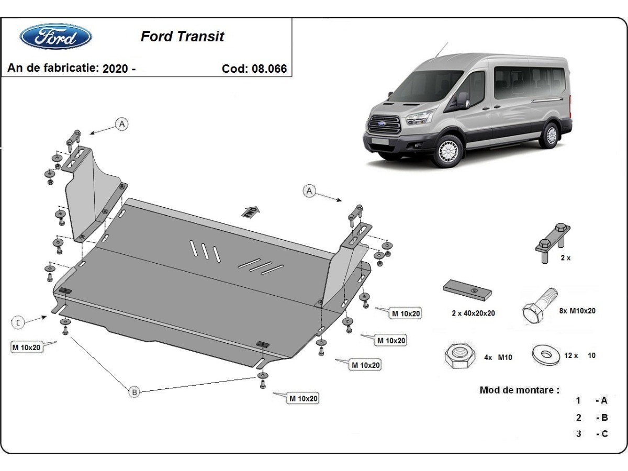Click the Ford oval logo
click(x=55, y=37)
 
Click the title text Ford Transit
click(x=182, y=37)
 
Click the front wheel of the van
click(x=448, y=150)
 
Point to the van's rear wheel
click(x=549, y=135)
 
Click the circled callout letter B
click(x=134, y=391)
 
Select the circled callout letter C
click(x=18, y=322)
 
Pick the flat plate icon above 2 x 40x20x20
click(x=467, y=289)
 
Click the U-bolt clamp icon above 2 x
click(x=553, y=241)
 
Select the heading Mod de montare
click(x=519, y=390)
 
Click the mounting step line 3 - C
click(x=592, y=433)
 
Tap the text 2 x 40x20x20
click(x=473, y=313)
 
